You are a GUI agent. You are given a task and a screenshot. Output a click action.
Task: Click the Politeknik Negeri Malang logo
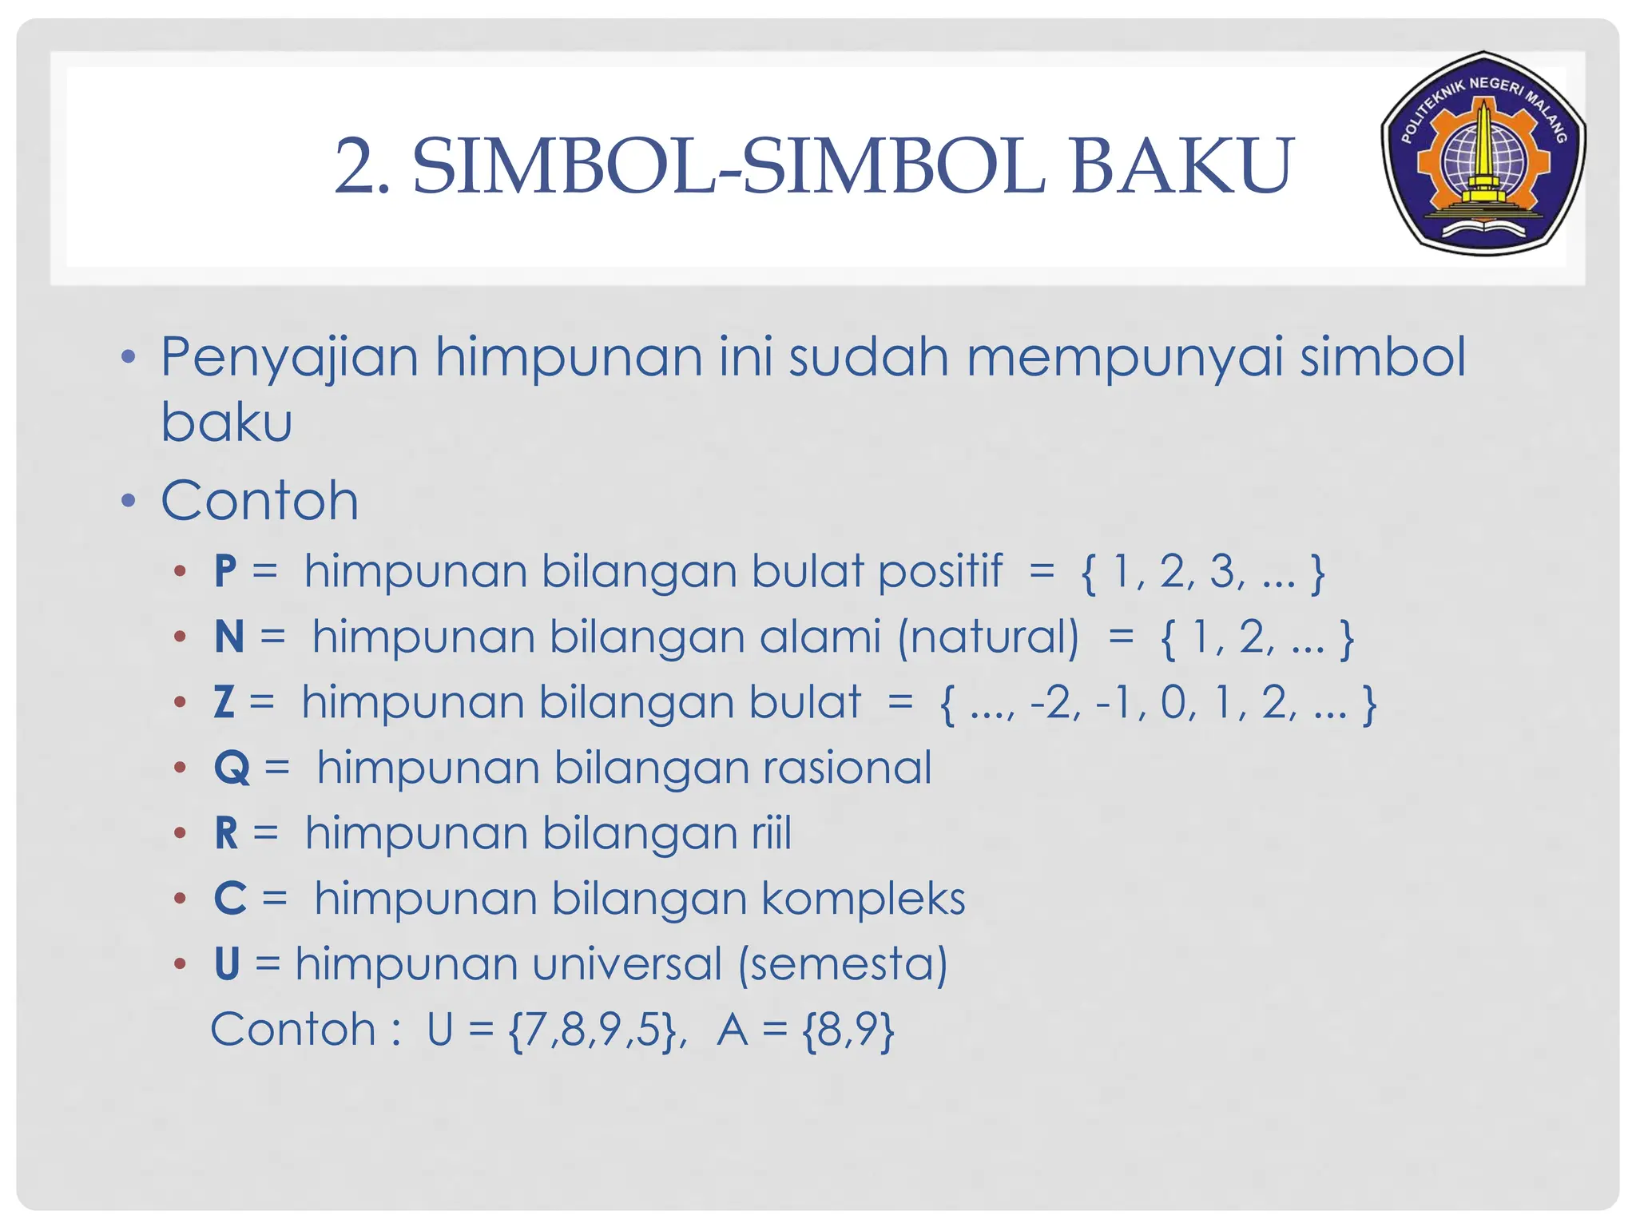pyautogui.click(x=1483, y=153)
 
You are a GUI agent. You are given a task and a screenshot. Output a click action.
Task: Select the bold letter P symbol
pyautogui.click(x=226, y=572)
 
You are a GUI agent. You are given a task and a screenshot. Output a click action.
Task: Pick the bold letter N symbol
pyautogui.click(x=229, y=637)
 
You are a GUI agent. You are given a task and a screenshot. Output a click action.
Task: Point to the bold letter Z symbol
pyautogui.click(x=224, y=703)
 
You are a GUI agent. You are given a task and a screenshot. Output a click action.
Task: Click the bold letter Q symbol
pyautogui.click(x=232, y=768)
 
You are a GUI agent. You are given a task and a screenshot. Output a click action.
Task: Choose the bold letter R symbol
pyautogui.click(x=227, y=834)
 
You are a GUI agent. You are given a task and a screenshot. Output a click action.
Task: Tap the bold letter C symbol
pyautogui.click(x=230, y=899)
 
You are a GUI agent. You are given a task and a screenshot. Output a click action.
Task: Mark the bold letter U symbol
pyautogui.click(x=228, y=964)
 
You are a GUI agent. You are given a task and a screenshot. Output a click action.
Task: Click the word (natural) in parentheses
pyautogui.click(x=988, y=638)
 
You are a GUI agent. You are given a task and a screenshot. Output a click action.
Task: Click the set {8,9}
pyautogui.click(x=848, y=1030)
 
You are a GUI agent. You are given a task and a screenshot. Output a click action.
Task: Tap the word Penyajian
pyautogui.click(x=289, y=359)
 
